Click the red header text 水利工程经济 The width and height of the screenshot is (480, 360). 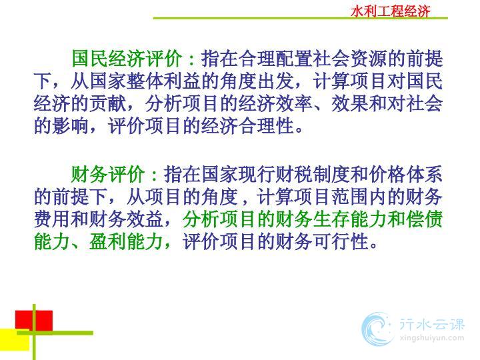390,11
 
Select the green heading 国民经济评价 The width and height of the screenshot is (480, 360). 127,58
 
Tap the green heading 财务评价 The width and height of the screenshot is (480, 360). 108,174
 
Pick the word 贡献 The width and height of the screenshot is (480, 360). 108,103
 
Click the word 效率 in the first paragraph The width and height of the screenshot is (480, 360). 294,103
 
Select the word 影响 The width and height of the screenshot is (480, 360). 71,126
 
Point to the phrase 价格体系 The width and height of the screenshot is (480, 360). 405,174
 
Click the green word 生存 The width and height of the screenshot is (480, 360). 331,219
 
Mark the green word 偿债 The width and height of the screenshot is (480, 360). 424,219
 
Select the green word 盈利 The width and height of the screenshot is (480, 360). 108,242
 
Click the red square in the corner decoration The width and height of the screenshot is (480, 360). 34,321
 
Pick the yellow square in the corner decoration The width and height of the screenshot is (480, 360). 15,339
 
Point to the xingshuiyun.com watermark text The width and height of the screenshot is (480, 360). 432,338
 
